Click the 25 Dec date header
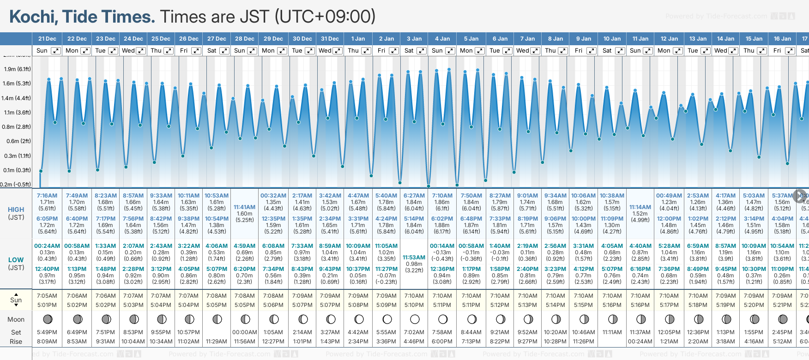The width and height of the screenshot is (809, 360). [x=161, y=39]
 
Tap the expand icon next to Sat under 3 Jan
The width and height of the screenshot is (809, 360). [x=421, y=51]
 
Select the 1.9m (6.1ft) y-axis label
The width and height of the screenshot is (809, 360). [x=17, y=69]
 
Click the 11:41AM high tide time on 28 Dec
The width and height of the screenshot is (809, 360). [x=244, y=207]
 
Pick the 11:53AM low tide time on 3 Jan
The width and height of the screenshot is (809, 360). [x=414, y=258]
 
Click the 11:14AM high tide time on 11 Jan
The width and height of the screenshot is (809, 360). [x=640, y=207]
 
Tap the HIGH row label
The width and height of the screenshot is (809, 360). [x=16, y=210]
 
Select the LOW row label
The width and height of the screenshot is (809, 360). [x=16, y=260]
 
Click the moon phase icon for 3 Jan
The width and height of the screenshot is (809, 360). [x=415, y=319]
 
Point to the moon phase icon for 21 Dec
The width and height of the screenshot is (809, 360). [x=47, y=319]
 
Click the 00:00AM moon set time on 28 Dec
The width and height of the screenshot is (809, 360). [x=244, y=332]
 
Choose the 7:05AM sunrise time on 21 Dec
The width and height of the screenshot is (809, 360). [x=47, y=296]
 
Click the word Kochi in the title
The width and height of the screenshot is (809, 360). [x=34, y=17]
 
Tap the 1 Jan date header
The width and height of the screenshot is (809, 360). [x=358, y=39]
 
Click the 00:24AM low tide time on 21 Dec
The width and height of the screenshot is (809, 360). [x=47, y=246]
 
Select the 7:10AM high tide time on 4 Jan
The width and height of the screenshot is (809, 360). [x=442, y=196]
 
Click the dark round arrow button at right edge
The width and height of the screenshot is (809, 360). [x=800, y=196]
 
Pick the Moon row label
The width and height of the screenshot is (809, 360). [x=16, y=319]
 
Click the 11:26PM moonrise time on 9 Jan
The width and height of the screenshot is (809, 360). [x=584, y=342]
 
